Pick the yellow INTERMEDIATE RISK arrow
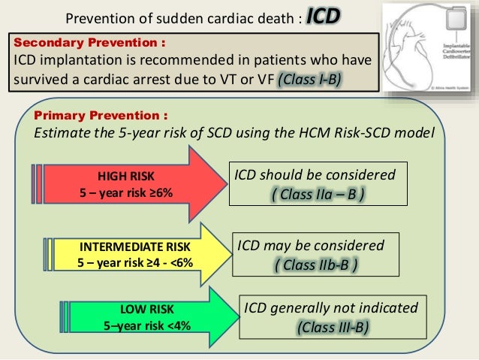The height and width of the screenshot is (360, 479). pyautogui.click(x=135, y=256)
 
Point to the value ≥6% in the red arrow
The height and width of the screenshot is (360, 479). pyautogui.click(x=158, y=193)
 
